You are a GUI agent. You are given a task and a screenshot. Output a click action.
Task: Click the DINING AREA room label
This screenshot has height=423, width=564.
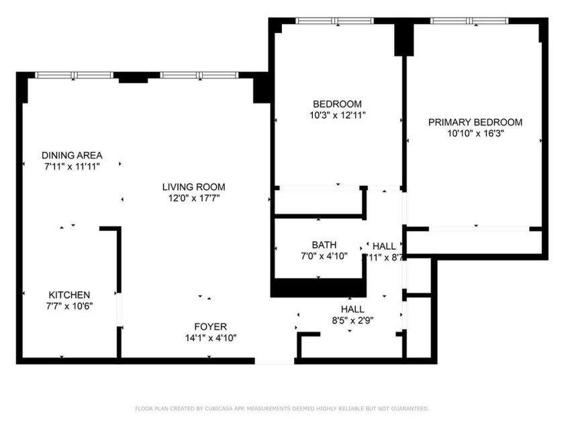(x=72, y=155)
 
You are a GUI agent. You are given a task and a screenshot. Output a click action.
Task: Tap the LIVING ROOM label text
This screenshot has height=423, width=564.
(x=193, y=187)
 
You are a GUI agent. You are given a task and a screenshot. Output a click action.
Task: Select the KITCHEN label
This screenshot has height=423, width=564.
(x=69, y=295)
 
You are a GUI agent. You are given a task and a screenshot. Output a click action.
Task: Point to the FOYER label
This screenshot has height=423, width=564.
(x=211, y=326)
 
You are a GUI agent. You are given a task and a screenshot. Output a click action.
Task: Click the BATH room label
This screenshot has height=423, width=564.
(x=324, y=244)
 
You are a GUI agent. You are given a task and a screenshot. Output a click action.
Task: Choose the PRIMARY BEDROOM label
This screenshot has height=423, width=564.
(x=475, y=122)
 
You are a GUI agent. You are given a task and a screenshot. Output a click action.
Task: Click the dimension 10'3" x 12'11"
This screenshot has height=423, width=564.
(x=337, y=115)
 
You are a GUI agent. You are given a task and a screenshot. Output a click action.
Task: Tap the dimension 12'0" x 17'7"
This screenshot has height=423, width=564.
(x=193, y=198)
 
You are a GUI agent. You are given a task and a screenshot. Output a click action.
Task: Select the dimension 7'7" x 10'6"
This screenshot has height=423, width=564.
(x=69, y=306)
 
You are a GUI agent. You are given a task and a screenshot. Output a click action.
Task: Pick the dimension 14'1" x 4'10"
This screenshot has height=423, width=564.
(x=211, y=338)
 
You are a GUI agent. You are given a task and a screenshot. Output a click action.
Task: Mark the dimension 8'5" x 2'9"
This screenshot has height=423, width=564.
(x=352, y=320)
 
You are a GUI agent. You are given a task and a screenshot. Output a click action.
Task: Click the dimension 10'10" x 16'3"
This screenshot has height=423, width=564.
(x=475, y=134)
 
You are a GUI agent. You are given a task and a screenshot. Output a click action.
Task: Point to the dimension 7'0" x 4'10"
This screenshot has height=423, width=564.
(x=324, y=256)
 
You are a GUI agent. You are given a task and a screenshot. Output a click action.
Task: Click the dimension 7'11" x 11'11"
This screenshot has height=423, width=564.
(x=72, y=167)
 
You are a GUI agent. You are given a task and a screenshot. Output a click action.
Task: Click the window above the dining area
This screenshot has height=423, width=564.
(x=75, y=75)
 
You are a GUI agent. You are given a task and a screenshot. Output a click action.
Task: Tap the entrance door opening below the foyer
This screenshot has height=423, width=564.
(x=275, y=361)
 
